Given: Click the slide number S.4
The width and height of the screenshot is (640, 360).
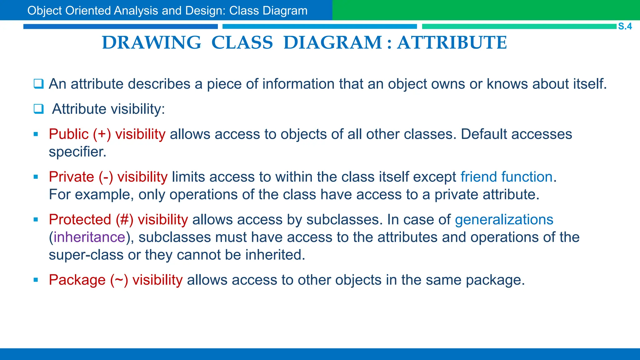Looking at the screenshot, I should pos(625,26).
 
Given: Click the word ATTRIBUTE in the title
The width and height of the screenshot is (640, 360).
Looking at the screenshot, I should pos(452,43).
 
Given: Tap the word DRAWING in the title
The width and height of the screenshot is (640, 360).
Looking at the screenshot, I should pos(152,43).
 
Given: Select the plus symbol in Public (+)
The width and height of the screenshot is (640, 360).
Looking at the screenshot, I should pos(102,134).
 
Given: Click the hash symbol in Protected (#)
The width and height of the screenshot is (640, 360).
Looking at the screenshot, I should pos(124,220).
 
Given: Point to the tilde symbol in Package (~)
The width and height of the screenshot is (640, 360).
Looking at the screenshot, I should pos(119,280).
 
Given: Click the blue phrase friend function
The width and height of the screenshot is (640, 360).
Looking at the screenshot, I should pos(506,177).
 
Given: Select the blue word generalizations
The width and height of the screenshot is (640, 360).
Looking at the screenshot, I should pos(504,220).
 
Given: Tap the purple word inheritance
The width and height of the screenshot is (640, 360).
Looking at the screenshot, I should pos(89,237).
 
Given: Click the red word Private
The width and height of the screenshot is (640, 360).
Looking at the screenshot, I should pos(71,177).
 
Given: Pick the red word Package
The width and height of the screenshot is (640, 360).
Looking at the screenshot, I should pos(77,280).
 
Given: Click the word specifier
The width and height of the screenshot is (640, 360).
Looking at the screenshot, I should pos(77,152).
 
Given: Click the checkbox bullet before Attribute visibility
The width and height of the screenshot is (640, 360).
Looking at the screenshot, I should pos(39,109).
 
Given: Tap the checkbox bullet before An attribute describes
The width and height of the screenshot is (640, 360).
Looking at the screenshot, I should pos(39,84).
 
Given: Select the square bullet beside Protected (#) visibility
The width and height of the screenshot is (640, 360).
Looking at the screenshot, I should pos(36,220).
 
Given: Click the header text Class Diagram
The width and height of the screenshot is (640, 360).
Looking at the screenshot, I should pos(268,11).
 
